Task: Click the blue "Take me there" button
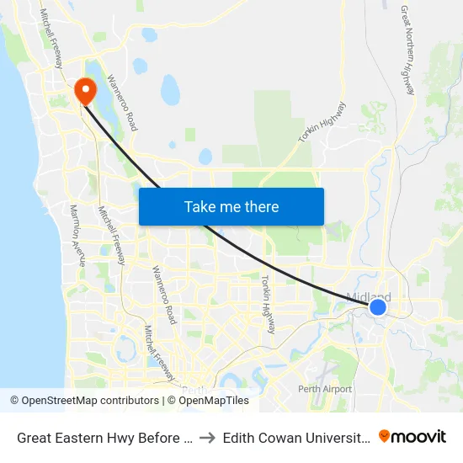tap(231, 206)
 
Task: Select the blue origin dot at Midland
tap(378, 307)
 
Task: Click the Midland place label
tap(369, 297)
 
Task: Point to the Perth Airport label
tap(325, 389)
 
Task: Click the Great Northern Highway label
tap(408, 51)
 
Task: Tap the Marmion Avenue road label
tap(77, 235)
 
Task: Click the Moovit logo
tap(412, 436)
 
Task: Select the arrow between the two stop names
tap(206, 437)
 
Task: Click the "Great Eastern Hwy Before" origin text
tap(100, 437)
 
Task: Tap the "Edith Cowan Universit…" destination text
tap(295, 437)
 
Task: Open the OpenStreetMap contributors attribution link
tap(85, 401)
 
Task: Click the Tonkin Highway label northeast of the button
tap(322, 123)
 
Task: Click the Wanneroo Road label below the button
tap(163, 295)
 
